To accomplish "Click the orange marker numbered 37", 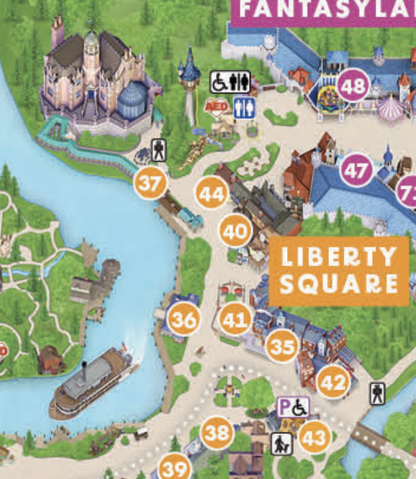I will [x=150, y=184].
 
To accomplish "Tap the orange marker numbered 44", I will [x=211, y=194].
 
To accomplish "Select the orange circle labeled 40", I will [x=235, y=232].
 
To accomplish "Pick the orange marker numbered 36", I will [x=183, y=320].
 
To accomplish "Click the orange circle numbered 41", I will [x=235, y=320].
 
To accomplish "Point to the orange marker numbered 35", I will [x=282, y=346].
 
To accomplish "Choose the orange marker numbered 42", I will [x=332, y=382].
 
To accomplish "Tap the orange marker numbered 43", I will [x=314, y=438].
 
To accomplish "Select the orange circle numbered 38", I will [x=217, y=433].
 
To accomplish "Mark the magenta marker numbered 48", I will [x=353, y=86].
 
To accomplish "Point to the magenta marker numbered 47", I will [x=356, y=171].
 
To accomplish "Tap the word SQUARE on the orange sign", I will [x=338, y=284].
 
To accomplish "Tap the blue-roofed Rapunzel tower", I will [x=190, y=80].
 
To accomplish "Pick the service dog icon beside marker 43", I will [x=280, y=442].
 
